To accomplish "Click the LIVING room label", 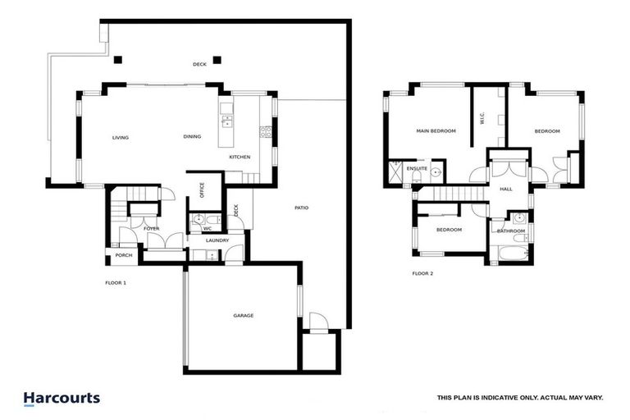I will (x=121, y=138).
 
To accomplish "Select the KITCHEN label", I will (x=240, y=157).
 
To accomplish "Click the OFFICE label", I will (x=202, y=190).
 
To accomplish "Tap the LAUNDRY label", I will (x=217, y=240).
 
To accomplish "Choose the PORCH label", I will (x=123, y=255).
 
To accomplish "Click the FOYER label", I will (x=152, y=229).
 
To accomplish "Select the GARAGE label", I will (x=243, y=315).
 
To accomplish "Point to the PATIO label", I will (x=302, y=208).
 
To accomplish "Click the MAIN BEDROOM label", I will (x=436, y=131).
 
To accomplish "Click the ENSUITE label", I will (x=417, y=168).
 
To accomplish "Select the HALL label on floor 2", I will (x=506, y=189).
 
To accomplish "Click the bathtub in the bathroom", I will (x=513, y=253).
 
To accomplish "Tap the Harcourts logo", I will (x=62, y=398).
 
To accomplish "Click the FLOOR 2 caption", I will (x=422, y=273).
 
